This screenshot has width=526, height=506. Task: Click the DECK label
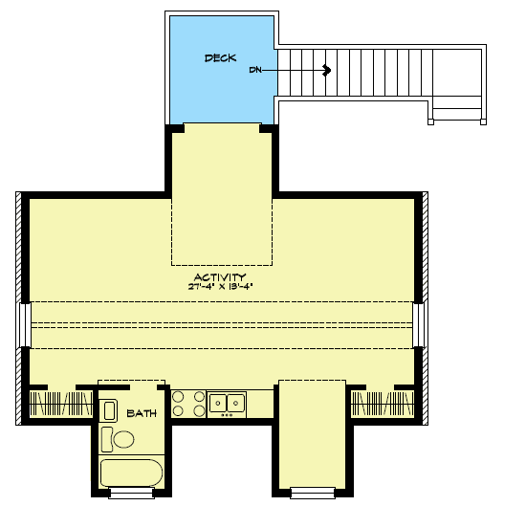[x=220, y=58]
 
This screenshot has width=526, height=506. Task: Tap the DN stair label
[x=255, y=70]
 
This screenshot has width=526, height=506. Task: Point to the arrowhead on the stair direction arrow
[x=327, y=70]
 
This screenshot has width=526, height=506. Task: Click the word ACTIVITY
[x=219, y=276]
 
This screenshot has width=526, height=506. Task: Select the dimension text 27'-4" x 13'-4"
[x=219, y=286]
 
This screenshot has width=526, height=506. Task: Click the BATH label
[x=142, y=414]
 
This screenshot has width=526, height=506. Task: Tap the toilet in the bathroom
[x=121, y=439]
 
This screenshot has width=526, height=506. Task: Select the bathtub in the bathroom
[x=132, y=473]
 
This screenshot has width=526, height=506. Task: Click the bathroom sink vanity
[x=109, y=409]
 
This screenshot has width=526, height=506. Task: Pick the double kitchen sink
[x=227, y=403]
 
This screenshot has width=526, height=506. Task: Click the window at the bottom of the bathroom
[x=131, y=493]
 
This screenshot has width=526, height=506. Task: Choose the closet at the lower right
[x=383, y=402]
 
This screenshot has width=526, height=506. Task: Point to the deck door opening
[x=223, y=124]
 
